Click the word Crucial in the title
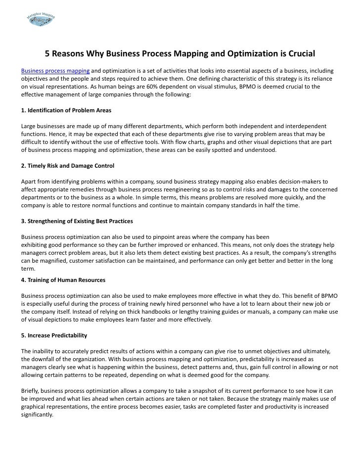click(x=298, y=53)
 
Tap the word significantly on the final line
click(x=37, y=415)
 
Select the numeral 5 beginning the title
click(x=47, y=53)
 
